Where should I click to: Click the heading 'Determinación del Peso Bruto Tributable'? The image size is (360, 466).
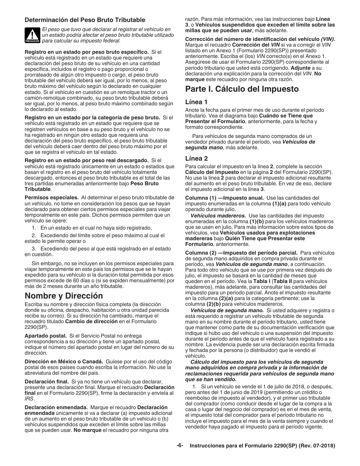(x=85, y=20)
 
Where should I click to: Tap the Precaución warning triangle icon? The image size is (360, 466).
(x=32, y=34)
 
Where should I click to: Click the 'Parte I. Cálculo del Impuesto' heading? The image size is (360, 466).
(x=242, y=89)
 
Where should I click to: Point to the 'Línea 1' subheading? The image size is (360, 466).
(x=196, y=102)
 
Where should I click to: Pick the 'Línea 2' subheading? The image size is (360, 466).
(x=196, y=158)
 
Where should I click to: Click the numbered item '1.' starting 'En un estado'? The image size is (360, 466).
(x=34, y=228)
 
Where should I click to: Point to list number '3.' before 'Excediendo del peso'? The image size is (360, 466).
(x=34, y=249)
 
